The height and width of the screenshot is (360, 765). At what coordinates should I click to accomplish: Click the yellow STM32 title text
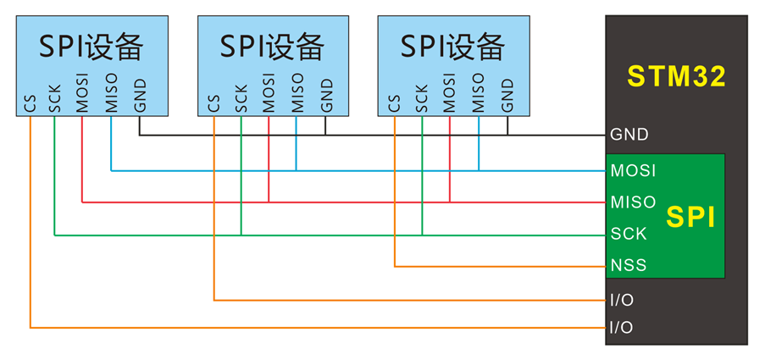tap(676, 76)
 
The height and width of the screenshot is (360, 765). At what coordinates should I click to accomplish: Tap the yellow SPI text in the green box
tap(690, 218)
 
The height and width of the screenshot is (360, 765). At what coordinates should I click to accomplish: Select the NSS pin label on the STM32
tap(629, 266)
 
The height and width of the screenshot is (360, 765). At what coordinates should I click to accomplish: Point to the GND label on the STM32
tap(629, 135)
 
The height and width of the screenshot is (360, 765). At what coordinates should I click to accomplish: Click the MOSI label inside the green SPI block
tap(633, 171)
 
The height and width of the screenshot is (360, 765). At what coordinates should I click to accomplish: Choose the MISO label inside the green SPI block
tap(633, 202)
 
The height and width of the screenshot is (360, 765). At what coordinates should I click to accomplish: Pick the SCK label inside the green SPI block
tap(629, 234)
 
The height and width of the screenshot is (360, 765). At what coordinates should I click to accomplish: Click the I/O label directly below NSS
tap(622, 301)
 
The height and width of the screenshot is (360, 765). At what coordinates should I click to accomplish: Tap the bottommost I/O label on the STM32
tap(622, 328)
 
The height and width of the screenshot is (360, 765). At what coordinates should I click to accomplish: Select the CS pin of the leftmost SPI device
tap(30, 104)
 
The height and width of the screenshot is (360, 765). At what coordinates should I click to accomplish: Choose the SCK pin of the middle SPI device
tap(241, 99)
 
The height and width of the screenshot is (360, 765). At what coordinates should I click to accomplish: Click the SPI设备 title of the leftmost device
tap(91, 46)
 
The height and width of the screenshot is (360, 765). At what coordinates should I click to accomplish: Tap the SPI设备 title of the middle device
tap(272, 46)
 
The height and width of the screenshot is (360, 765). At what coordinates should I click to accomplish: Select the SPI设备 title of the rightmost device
tap(453, 46)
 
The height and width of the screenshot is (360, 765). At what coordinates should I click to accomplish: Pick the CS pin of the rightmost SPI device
tap(394, 104)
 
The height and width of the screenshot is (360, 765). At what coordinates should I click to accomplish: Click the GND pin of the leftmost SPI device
tap(140, 96)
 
